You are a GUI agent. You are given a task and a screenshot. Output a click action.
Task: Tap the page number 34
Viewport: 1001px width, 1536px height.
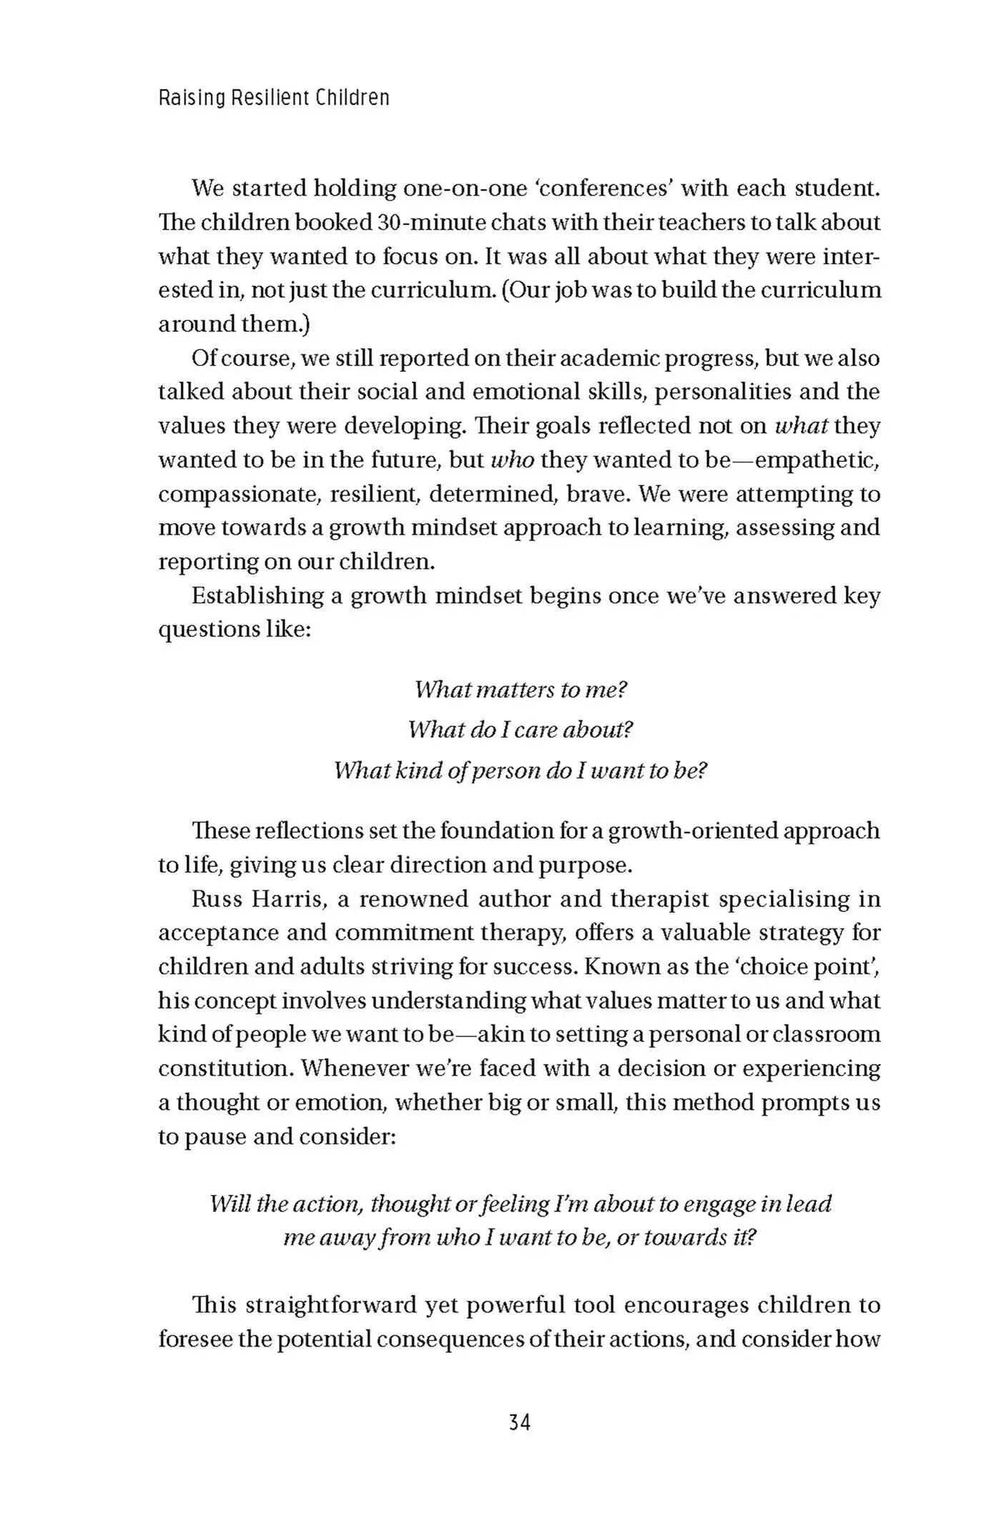tap(520, 1422)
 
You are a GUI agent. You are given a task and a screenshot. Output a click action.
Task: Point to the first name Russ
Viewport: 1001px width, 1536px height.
tap(217, 898)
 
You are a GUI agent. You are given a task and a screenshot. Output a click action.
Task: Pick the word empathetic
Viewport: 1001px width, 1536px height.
tap(817, 460)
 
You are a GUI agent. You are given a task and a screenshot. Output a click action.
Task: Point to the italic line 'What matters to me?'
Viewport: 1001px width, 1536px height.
tap(521, 690)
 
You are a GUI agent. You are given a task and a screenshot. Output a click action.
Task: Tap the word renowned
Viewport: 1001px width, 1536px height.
tap(413, 898)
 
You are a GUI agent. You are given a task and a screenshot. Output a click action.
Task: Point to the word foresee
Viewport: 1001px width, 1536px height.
tap(195, 1339)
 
